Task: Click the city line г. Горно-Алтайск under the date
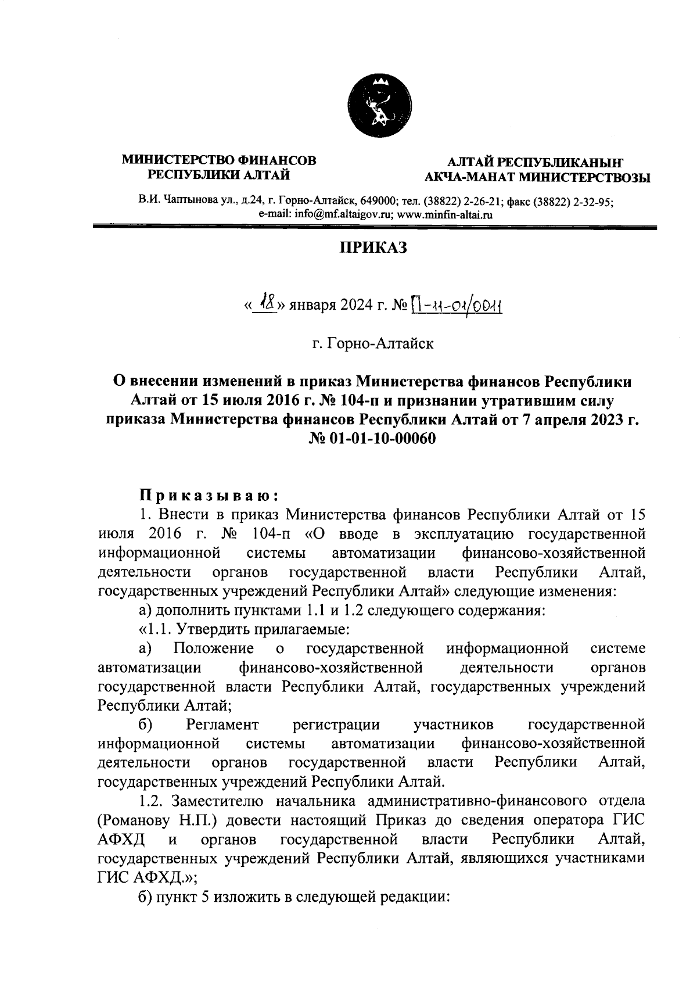coord(373,344)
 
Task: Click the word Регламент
coord(222,725)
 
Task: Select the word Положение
coord(214,648)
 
